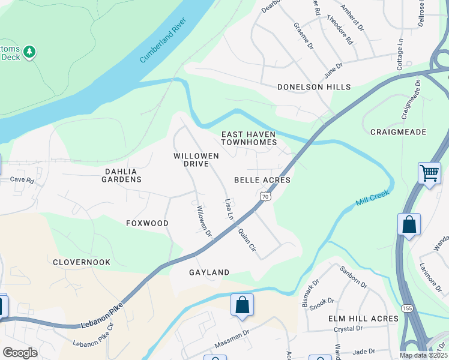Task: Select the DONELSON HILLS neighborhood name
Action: (x=313, y=87)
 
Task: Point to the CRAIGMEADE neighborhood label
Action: (x=398, y=131)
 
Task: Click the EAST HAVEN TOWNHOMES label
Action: (x=249, y=139)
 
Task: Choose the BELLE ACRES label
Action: (x=262, y=180)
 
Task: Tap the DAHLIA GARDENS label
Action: (x=123, y=175)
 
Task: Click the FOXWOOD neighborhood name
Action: (x=147, y=223)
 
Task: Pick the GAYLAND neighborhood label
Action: (x=209, y=272)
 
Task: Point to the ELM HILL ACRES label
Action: (x=363, y=318)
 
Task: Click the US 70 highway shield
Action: (x=264, y=196)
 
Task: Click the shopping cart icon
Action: (x=429, y=174)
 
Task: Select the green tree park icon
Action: (x=29, y=53)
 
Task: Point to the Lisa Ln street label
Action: (x=228, y=209)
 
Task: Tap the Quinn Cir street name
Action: (x=247, y=239)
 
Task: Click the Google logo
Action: (x=20, y=353)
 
